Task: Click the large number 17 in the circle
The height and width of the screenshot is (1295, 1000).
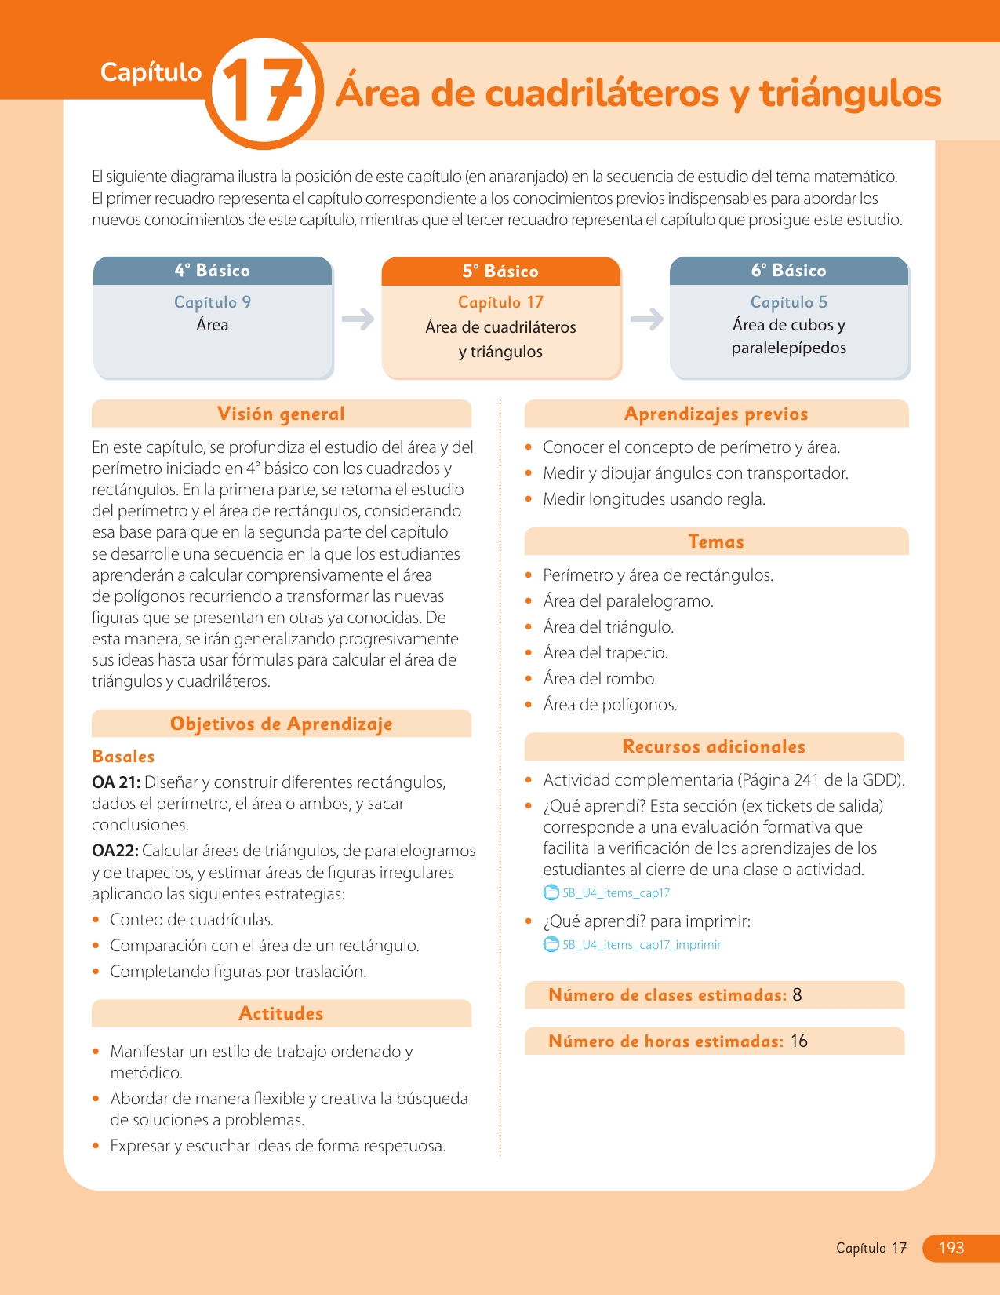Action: point(263,93)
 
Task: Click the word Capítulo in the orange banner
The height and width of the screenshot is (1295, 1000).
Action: point(151,72)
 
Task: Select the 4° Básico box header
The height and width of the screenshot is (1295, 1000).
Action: point(213,271)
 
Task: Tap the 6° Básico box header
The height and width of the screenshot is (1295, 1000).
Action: point(789,271)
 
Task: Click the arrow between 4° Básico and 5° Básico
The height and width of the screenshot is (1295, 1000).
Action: point(358,319)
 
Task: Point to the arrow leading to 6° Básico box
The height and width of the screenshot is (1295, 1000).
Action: point(646,319)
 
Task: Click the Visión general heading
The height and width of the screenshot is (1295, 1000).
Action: point(281,414)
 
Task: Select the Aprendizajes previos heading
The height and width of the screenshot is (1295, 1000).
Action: point(715,414)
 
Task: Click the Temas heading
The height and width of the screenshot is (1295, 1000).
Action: point(715,542)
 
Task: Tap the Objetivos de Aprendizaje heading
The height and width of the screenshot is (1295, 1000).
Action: point(281,724)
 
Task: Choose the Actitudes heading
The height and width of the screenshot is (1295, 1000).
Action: point(281,1013)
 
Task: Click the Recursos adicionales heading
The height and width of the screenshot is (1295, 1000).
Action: point(714,746)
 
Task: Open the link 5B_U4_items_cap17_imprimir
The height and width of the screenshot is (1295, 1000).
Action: point(641,945)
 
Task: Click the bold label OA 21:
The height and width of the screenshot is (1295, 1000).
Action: point(116,782)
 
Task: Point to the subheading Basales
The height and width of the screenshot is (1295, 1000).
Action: point(123,757)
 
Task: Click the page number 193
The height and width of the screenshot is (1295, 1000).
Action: point(951,1248)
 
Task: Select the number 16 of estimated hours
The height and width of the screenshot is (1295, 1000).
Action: point(799,1041)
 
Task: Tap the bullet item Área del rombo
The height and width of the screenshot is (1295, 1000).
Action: point(600,679)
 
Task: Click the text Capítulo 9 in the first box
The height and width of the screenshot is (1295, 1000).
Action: point(213,302)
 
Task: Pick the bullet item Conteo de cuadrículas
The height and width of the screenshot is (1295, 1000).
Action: point(191,920)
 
